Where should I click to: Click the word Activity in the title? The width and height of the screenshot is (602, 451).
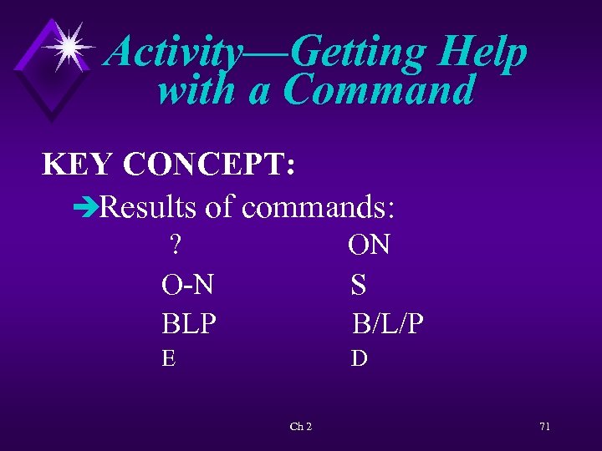(175, 53)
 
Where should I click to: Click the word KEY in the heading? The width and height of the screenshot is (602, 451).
(79, 165)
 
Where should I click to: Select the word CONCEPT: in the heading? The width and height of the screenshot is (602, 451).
(208, 165)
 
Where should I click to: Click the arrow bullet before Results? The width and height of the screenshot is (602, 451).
(86, 206)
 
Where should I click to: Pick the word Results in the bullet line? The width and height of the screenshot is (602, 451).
(148, 205)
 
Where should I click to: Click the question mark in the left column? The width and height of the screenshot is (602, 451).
(176, 245)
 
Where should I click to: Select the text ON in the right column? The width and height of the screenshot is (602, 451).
(370, 245)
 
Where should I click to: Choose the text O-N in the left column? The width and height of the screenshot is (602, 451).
(187, 285)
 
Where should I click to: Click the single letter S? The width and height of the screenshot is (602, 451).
(359, 285)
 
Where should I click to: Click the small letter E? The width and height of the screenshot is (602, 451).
(169, 359)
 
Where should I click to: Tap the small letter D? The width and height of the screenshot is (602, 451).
(359, 359)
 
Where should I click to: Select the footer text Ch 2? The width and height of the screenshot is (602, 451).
(301, 427)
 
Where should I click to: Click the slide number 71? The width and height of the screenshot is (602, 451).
(544, 427)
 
